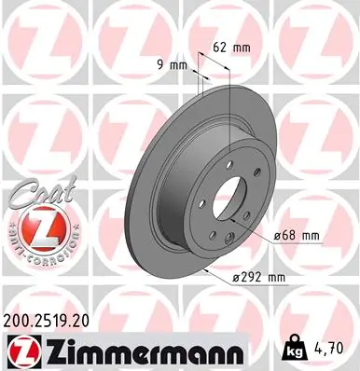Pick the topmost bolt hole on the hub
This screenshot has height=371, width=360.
tap(222, 158)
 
